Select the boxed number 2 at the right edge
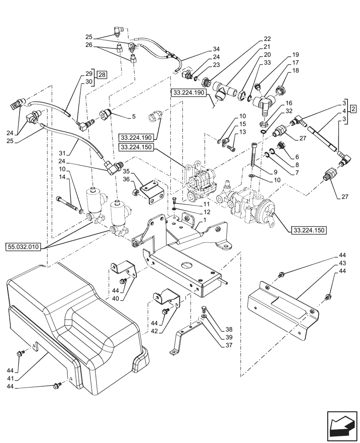pyautogui.click(x=352, y=109)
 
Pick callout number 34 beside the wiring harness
pyautogui.click(x=216, y=49)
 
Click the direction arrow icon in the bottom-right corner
pyautogui.click(x=341, y=426)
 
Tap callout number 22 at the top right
pyautogui.click(x=267, y=39)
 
